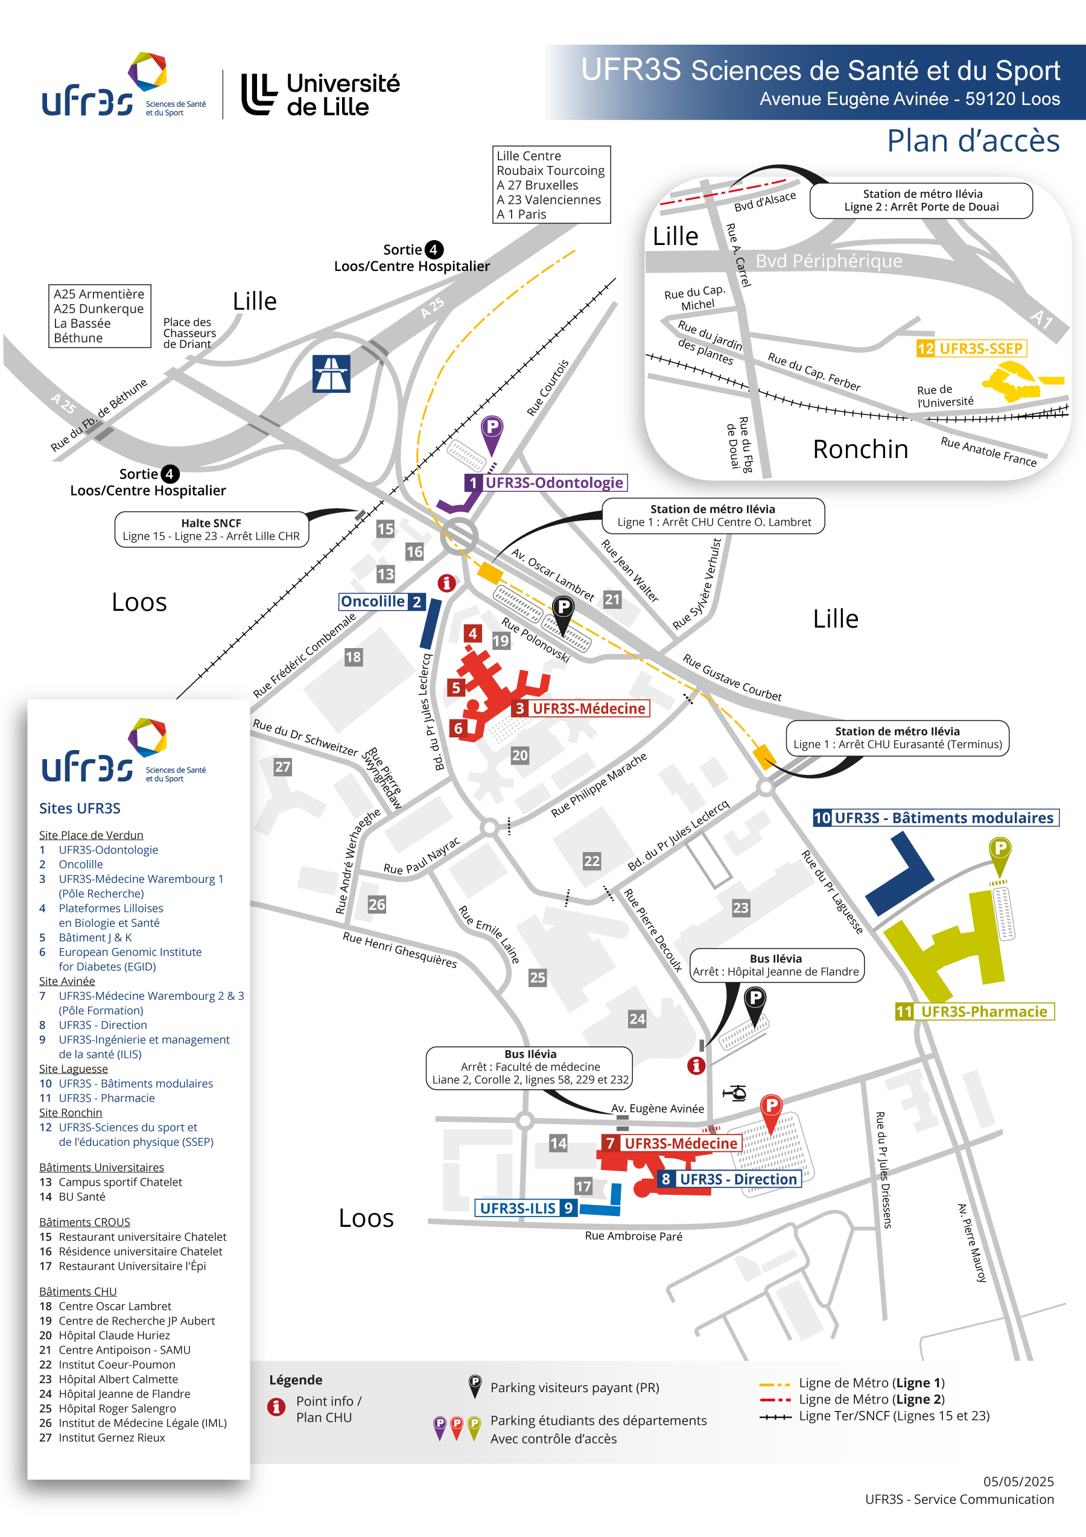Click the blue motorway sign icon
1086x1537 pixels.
click(x=331, y=374)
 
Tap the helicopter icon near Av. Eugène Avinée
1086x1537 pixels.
click(x=735, y=1092)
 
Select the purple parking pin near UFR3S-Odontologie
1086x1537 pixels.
click(x=492, y=434)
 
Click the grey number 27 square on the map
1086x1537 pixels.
click(x=282, y=766)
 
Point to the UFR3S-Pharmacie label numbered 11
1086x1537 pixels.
click(x=974, y=1011)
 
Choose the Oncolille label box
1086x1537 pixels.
click(x=381, y=601)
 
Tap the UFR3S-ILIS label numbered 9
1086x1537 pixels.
click(x=526, y=1208)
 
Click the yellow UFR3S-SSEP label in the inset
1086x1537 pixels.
click(x=971, y=348)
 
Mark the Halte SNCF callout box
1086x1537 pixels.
click(x=211, y=529)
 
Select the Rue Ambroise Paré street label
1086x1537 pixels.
click(x=634, y=1236)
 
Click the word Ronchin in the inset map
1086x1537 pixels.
click(x=860, y=449)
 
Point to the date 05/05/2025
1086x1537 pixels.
click(x=1018, y=1481)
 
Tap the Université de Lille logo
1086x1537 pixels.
click(x=320, y=94)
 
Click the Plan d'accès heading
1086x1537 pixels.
click(x=973, y=141)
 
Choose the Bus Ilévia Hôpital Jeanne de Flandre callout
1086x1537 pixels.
click(x=777, y=966)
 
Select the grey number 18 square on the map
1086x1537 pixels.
click(x=354, y=657)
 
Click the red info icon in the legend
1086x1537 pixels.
click(x=276, y=1407)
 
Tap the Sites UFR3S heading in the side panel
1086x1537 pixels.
click(x=80, y=808)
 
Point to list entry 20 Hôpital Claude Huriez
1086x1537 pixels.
click(x=104, y=1335)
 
